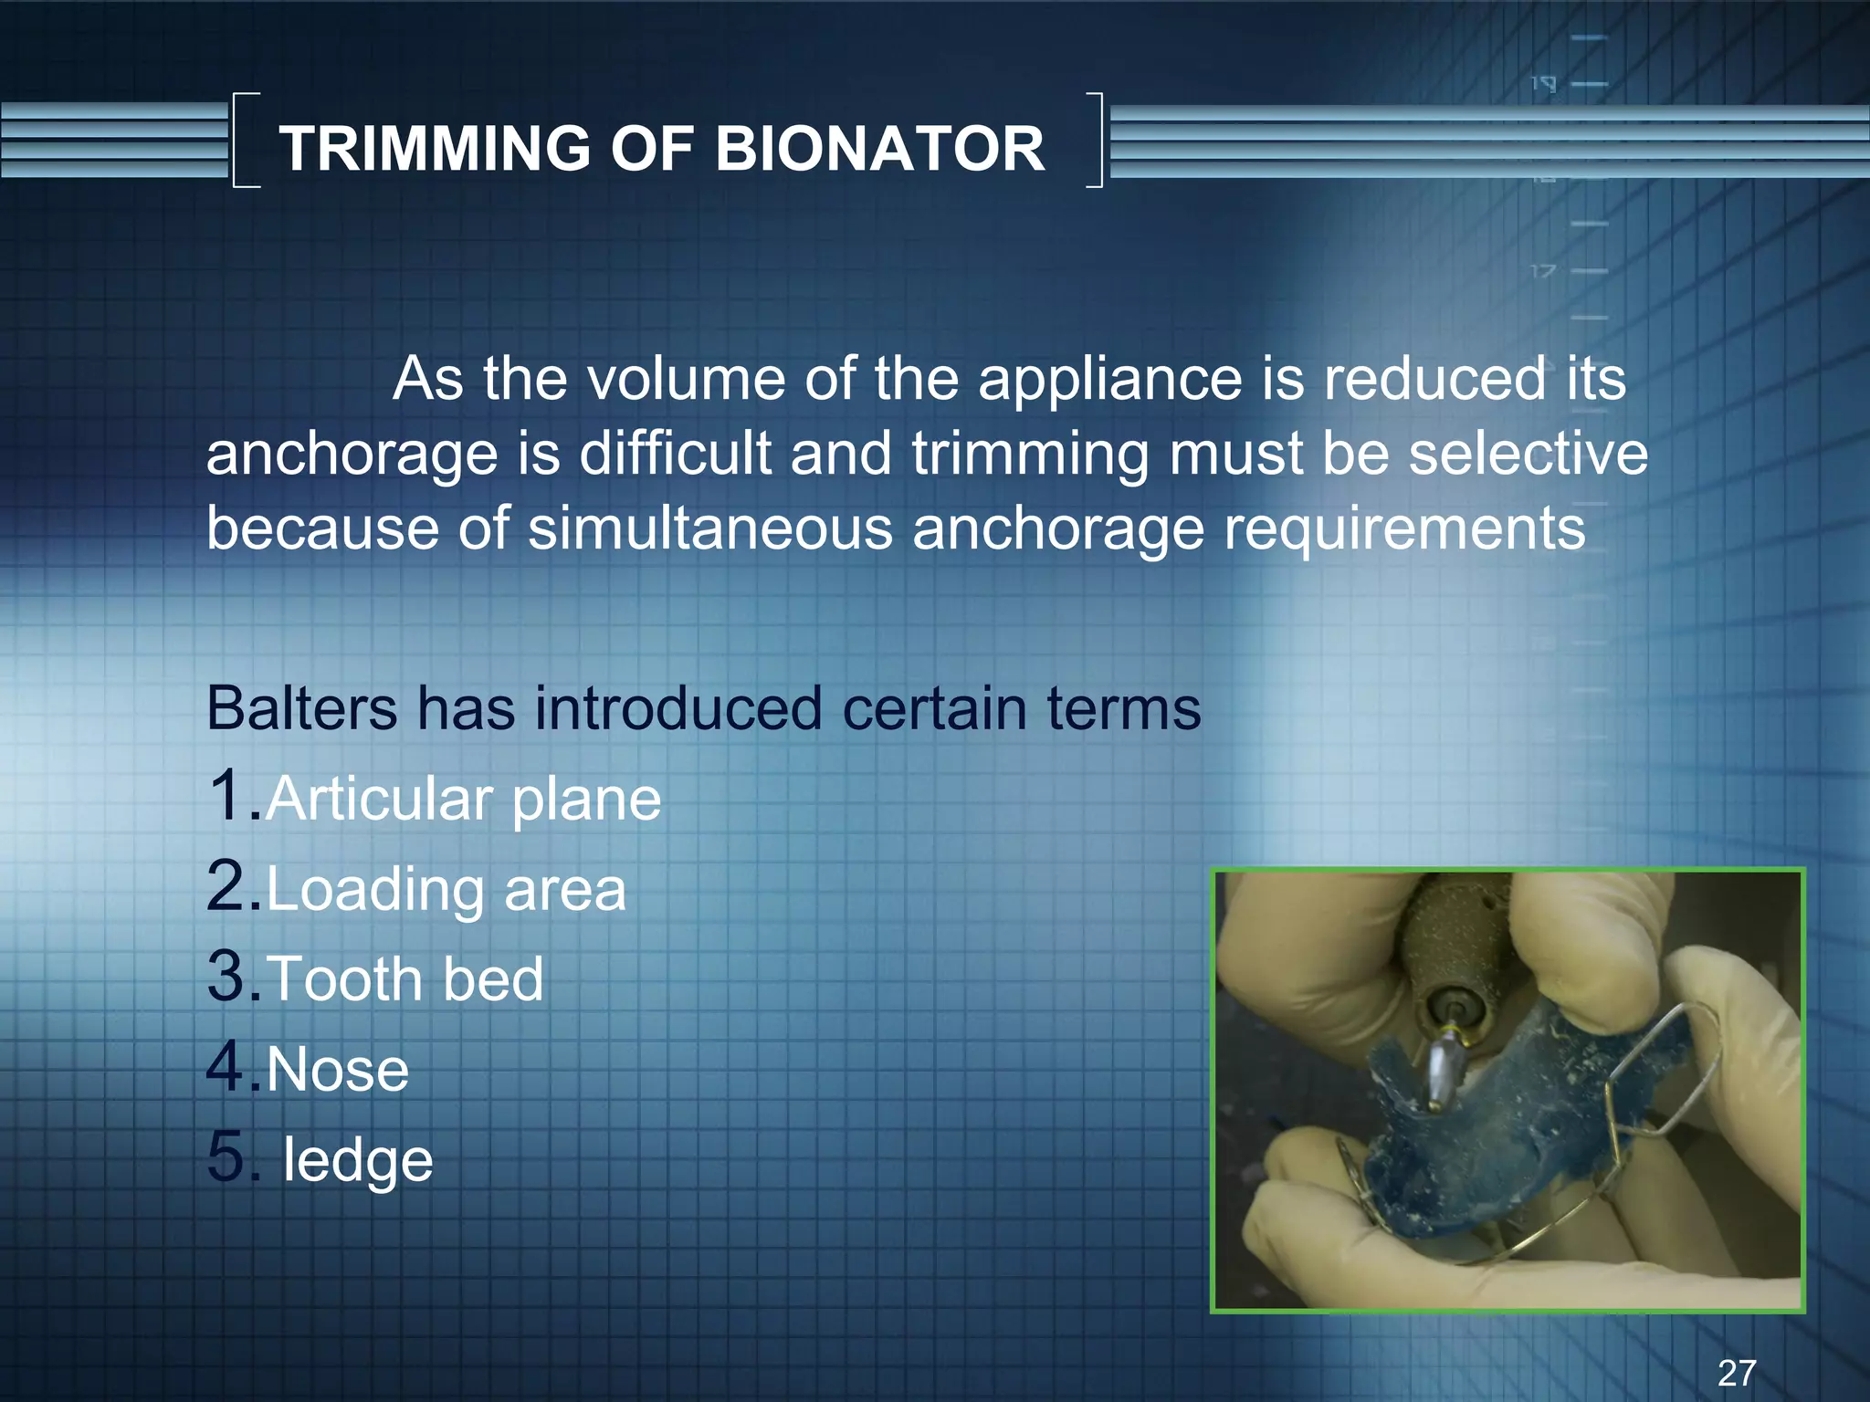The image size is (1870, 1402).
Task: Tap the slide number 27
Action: (x=1737, y=1373)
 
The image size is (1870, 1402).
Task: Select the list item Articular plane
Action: (x=463, y=800)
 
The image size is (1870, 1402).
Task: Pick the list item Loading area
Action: (x=446, y=890)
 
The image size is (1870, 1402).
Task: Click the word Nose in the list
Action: (x=338, y=1070)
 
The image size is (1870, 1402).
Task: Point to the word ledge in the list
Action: (x=357, y=1160)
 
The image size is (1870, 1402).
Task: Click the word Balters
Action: (x=301, y=708)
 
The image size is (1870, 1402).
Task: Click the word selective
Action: (x=1528, y=454)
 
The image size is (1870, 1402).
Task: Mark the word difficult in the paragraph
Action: (x=675, y=454)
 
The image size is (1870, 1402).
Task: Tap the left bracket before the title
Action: (x=245, y=140)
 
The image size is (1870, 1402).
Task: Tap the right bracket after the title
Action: (x=1095, y=140)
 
